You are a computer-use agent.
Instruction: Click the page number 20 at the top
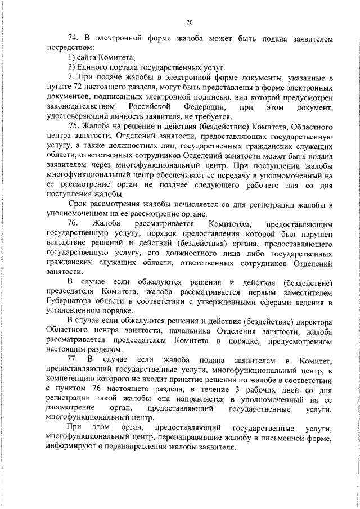[x=189, y=22]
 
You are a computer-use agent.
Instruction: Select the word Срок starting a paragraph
[x=78, y=203]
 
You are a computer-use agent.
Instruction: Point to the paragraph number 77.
[x=73, y=359]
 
